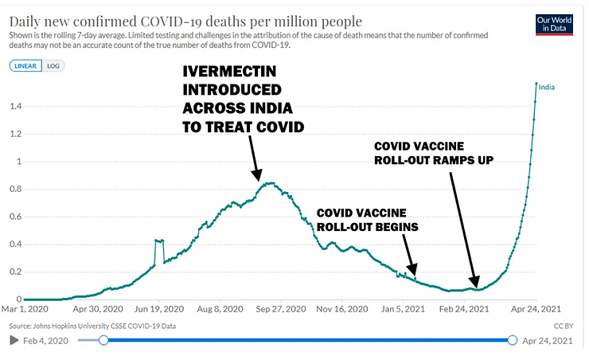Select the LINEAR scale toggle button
click(25, 65)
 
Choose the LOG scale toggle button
click(53, 65)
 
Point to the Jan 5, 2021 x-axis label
click(401, 308)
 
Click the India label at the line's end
click(547, 87)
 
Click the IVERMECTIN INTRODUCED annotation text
click(240, 99)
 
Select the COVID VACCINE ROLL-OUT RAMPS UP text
click(434, 153)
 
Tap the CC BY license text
click(562, 326)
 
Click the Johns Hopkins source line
click(92, 326)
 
